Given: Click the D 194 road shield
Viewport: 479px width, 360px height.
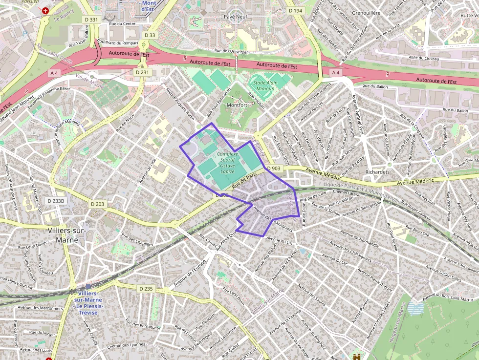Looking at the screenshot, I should click(x=295, y=10).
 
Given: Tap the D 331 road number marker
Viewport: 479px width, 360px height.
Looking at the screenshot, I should click(x=91, y=20).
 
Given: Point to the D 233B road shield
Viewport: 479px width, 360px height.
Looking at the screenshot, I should click(x=57, y=201).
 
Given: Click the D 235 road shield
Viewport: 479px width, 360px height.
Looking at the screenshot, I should click(x=146, y=289).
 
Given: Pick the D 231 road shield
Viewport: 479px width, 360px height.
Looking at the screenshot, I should click(x=142, y=72).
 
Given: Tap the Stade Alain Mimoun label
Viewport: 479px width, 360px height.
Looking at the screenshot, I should click(x=264, y=86).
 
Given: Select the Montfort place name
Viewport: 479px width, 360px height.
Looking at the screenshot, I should click(x=237, y=105).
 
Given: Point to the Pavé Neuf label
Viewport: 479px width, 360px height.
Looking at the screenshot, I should click(x=234, y=17).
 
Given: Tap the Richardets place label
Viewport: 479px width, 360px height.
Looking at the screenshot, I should click(x=377, y=172).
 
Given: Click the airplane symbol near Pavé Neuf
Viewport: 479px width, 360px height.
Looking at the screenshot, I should click(x=196, y=21).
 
